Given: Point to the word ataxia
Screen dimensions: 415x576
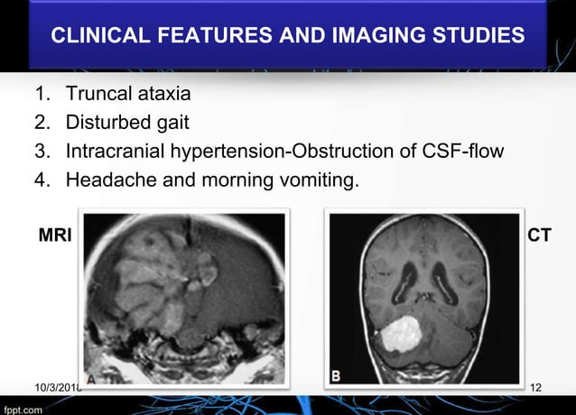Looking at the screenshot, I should (163, 94).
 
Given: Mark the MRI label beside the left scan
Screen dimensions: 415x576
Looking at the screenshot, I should (55, 235).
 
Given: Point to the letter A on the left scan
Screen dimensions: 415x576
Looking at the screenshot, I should (91, 378).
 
